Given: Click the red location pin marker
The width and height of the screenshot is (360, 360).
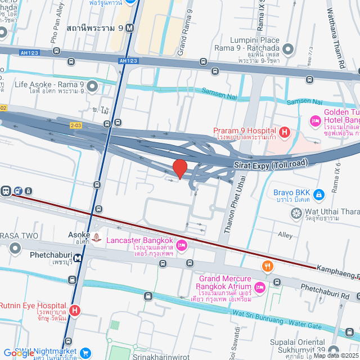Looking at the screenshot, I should pyautogui.click(x=179, y=169).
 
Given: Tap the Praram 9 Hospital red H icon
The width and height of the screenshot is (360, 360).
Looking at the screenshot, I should pyautogui.click(x=285, y=133).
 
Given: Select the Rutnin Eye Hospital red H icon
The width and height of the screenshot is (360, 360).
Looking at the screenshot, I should pyautogui.click(x=75, y=310).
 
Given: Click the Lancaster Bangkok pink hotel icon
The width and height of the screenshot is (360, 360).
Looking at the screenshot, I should pyautogui.click(x=181, y=245).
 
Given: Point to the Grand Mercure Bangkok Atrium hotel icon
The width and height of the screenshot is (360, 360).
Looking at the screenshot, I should pyautogui.click(x=259, y=288).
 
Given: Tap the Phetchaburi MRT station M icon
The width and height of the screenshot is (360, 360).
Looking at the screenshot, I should pyautogui.click(x=77, y=259).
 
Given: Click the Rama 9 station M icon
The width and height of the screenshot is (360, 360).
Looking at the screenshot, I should pyautogui.click(x=130, y=27).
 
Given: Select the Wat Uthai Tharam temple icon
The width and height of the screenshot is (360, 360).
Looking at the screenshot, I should pyautogui.click(x=296, y=213).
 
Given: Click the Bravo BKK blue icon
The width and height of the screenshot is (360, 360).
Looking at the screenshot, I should pyautogui.click(x=319, y=195).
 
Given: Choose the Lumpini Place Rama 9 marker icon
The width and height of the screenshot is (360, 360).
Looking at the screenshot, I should pyautogui.click(x=288, y=49).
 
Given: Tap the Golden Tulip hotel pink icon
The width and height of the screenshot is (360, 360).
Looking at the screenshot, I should pyautogui.click(x=314, y=121).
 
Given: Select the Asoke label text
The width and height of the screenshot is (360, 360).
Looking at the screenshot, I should pyautogui.click(x=79, y=235).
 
